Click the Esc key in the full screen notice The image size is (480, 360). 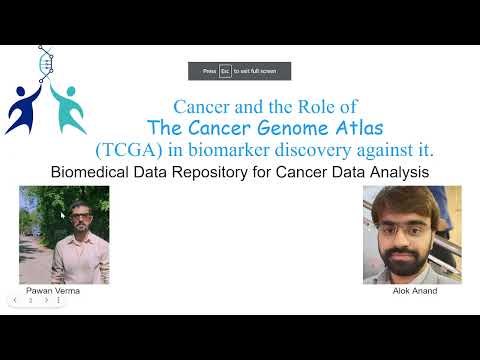(x=225, y=71)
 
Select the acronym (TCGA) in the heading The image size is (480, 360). (x=127, y=150)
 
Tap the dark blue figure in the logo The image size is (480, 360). (x=22, y=108)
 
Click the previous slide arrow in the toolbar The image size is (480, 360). (x=15, y=299)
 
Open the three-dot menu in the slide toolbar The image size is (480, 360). (x=58, y=299)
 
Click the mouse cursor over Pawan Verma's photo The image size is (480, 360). (x=62, y=214)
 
